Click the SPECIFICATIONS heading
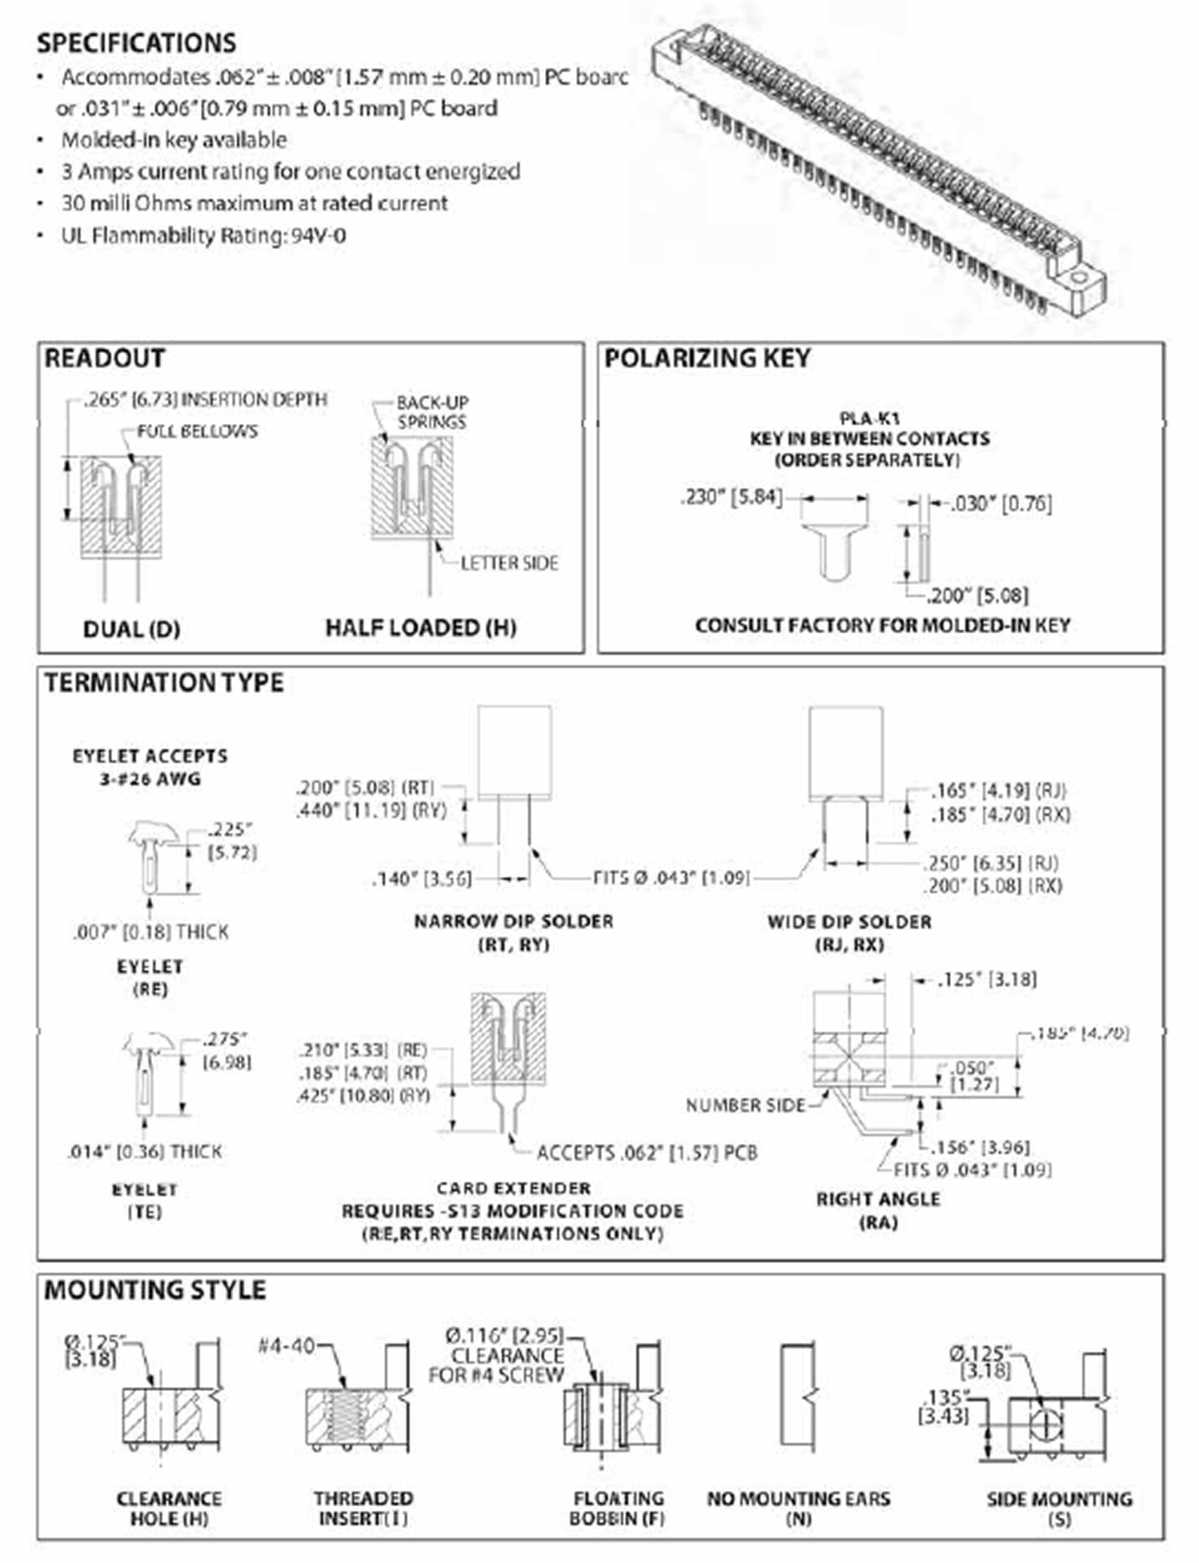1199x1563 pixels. pos(136,43)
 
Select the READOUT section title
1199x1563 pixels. pos(104,358)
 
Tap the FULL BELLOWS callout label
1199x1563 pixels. pos(197,431)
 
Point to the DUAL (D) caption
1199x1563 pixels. pos(131,629)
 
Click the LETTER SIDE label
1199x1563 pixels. pos(509,564)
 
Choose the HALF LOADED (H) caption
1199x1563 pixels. pos(421,628)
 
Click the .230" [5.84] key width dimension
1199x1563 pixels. pos(732,496)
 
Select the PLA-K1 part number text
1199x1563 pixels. pos(870,418)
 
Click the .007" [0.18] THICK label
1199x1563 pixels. pos(151,932)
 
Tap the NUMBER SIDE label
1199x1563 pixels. pos(745,1105)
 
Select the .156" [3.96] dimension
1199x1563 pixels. pos(982,1147)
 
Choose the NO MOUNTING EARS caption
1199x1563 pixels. pos(799,1507)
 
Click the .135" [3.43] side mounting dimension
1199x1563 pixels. pos(945,1407)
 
